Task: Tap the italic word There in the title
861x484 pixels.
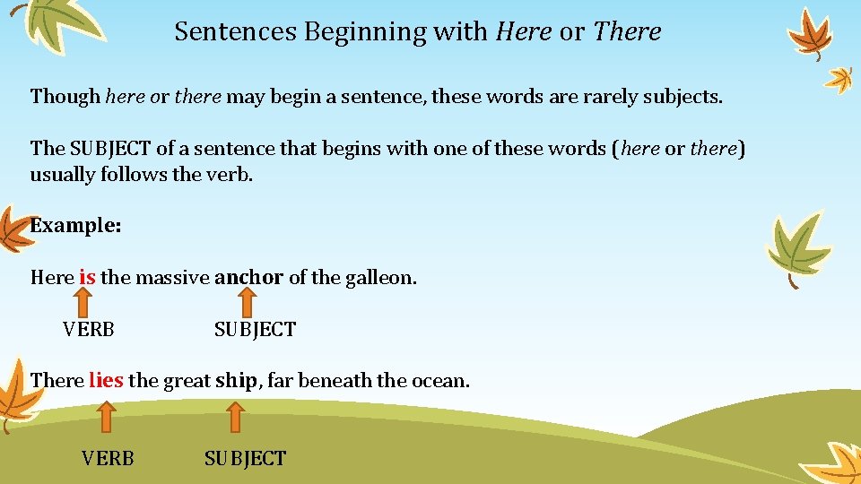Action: (x=627, y=31)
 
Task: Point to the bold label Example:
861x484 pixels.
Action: (x=75, y=226)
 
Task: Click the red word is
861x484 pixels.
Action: (x=87, y=278)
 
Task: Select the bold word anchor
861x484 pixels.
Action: (x=248, y=278)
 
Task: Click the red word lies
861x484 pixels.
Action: (x=106, y=380)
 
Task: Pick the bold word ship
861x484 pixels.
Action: (x=236, y=380)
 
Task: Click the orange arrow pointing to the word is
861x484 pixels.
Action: (x=88, y=302)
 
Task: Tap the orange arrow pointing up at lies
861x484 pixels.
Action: (x=106, y=417)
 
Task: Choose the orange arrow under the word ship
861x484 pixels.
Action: (x=234, y=417)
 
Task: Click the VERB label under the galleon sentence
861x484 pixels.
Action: (x=89, y=330)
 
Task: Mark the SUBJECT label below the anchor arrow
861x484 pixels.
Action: (x=255, y=330)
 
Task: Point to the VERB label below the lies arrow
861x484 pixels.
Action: (x=108, y=459)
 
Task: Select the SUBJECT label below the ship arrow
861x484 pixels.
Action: (x=245, y=459)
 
